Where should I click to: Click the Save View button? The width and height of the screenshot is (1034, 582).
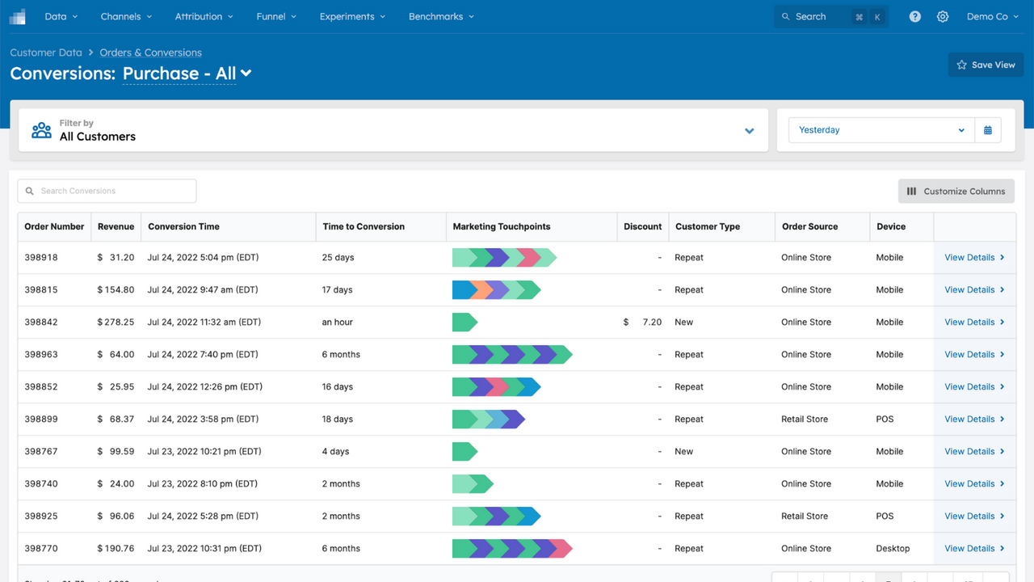point(986,65)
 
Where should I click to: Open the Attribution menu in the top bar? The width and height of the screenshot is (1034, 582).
point(204,16)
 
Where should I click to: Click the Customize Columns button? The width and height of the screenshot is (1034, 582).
point(956,191)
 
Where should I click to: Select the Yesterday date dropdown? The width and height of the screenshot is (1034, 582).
point(881,130)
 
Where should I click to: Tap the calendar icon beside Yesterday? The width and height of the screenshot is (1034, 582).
point(987,130)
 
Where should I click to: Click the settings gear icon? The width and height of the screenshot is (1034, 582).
point(942,16)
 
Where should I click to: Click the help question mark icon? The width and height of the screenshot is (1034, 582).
point(914,16)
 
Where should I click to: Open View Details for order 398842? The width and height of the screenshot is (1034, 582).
point(973,322)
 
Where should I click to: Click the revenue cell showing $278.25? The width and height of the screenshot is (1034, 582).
point(116,322)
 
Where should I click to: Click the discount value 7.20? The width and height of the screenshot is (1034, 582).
point(651,322)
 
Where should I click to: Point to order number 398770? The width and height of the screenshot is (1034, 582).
point(41,548)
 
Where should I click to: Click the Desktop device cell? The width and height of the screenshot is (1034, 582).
point(893,548)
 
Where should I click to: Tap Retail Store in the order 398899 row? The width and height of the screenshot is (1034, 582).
point(805,419)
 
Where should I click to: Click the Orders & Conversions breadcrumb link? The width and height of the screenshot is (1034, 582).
point(150,53)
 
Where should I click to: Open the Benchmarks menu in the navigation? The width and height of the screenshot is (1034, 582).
point(441,16)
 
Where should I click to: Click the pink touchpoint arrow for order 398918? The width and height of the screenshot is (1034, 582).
point(529,258)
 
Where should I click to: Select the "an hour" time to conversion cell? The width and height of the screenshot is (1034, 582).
point(338,322)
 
